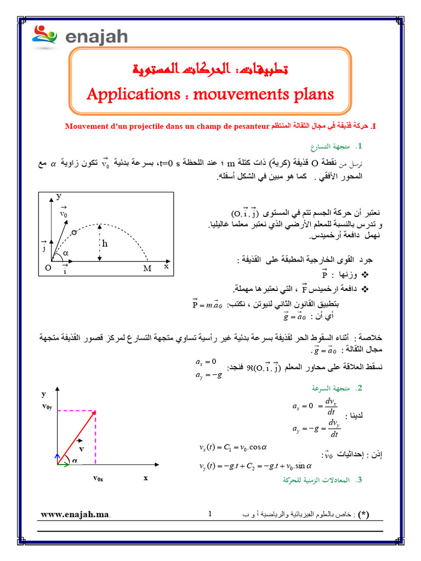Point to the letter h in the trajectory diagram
click(x=105, y=244)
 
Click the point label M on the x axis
click(x=147, y=268)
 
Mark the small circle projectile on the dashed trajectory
click(x=74, y=232)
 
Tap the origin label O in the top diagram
click(x=48, y=268)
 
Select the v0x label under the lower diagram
click(x=98, y=478)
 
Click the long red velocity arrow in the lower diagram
click(x=77, y=437)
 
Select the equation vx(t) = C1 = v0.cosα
click(x=232, y=446)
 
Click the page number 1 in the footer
click(x=210, y=514)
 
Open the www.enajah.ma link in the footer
click(x=75, y=515)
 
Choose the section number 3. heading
click(x=359, y=480)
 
